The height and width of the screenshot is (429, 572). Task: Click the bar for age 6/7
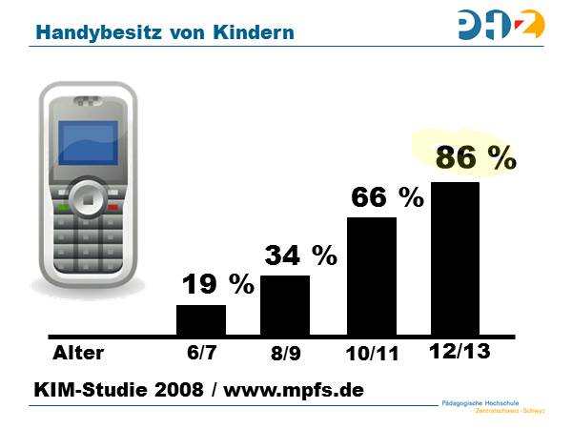pyautogui.click(x=201, y=320)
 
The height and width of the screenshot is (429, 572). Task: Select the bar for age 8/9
pyautogui.click(x=285, y=305)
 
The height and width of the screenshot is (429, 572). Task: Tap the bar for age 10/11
pyautogui.click(x=371, y=276)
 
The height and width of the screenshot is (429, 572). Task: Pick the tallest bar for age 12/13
pyautogui.click(x=456, y=258)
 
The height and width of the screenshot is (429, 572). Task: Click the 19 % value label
pyautogui.click(x=218, y=283)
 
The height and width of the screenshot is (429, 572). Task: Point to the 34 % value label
pyautogui.click(x=300, y=255)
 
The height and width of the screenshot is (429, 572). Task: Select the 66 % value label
pyautogui.click(x=386, y=197)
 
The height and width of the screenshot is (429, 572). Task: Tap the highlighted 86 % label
pyautogui.click(x=475, y=158)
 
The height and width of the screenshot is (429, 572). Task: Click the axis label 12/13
pyautogui.click(x=459, y=352)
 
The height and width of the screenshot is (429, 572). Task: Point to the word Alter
pyautogui.click(x=78, y=354)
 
